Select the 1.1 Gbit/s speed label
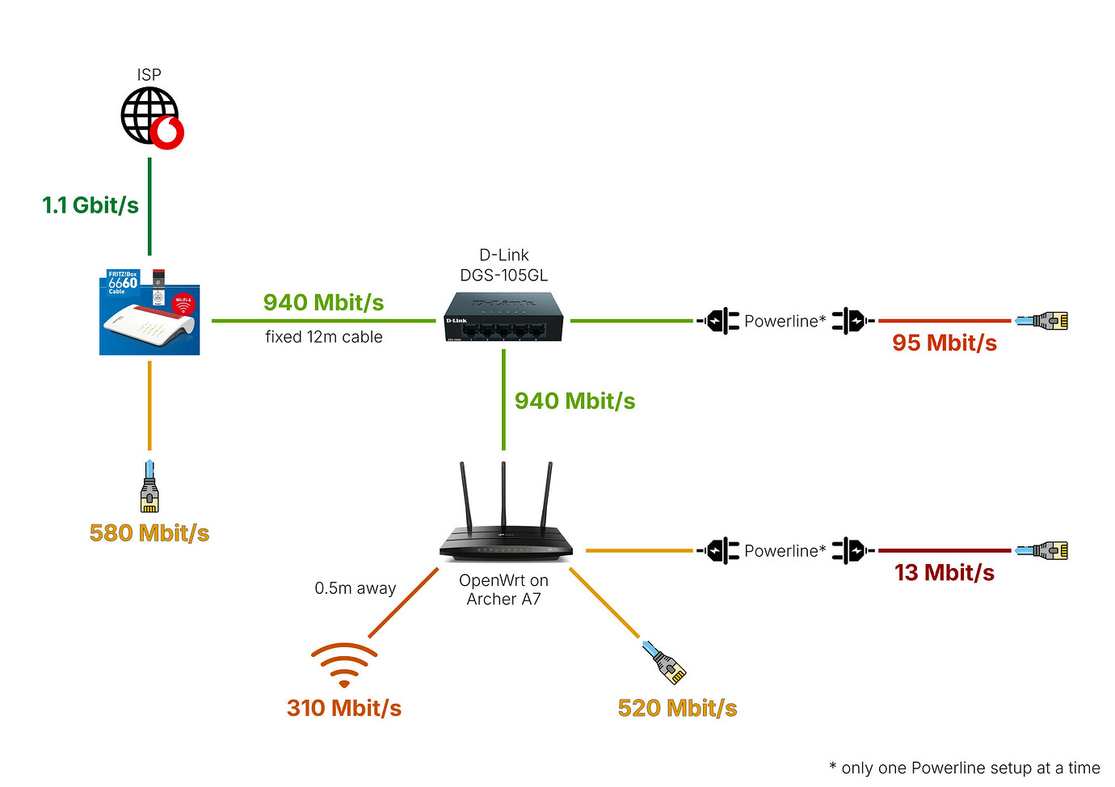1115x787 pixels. click(x=90, y=205)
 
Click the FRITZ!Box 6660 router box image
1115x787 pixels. click(x=149, y=313)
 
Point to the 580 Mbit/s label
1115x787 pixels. click(x=149, y=533)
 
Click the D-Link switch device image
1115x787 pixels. click(x=503, y=317)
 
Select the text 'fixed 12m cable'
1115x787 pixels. click(x=324, y=337)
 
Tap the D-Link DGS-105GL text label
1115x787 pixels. click(x=503, y=265)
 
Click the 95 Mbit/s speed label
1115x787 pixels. click(x=944, y=343)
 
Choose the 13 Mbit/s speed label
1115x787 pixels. click(x=944, y=573)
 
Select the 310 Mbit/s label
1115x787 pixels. click(x=344, y=709)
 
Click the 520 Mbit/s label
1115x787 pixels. click(x=677, y=709)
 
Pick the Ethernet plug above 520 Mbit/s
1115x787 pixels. click(x=665, y=662)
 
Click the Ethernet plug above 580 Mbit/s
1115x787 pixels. click(x=149, y=486)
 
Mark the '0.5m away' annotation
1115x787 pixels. click(x=356, y=588)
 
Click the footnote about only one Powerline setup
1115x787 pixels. click(x=965, y=768)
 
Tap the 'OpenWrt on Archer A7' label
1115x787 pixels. click(x=503, y=590)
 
